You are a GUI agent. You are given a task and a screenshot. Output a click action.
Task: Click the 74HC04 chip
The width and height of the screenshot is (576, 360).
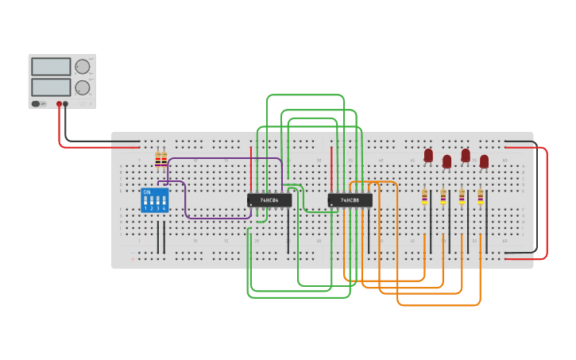click(x=269, y=200)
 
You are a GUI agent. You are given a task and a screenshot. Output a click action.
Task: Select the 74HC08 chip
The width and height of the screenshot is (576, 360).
click(x=350, y=200)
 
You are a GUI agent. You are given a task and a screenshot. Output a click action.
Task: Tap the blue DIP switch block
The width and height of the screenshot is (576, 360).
click(x=154, y=200)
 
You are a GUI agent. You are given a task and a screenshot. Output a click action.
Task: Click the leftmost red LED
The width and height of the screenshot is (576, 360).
click(x=428, y=155)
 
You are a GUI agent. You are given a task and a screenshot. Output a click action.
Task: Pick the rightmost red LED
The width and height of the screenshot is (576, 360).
click(x=484, y=161)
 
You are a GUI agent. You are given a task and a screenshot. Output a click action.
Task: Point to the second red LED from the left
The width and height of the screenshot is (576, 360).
click(x=446, y=161)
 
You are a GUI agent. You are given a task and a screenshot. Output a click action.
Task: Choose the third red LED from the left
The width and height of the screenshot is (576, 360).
click(x=466, y=155)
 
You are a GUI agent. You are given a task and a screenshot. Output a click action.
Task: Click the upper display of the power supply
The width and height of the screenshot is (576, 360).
click(x=51, y=67)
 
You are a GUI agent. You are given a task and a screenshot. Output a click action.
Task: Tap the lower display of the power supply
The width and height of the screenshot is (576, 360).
click(x=51, y=87)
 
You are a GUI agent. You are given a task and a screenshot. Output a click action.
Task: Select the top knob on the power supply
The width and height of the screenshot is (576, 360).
click(x=83, y=67)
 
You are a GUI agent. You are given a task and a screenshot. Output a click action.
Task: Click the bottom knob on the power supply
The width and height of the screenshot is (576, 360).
click(x=83, y=87)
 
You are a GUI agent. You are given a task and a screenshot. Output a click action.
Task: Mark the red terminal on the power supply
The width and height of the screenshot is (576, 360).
click(x=59, y=104)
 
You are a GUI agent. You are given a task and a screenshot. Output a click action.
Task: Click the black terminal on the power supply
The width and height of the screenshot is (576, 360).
click(x=66, y=104)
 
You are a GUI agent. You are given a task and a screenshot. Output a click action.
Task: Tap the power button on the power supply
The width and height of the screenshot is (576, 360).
click(x=36, y=104)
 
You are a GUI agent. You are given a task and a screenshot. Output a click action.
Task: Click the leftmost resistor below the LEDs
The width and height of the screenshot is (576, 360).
click(x=424, y=196)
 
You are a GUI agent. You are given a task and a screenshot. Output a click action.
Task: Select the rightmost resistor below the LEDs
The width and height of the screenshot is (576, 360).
click(x=480, y=196)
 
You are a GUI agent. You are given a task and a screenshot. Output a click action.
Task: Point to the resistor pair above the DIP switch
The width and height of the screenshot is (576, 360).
click(x=161, y=160)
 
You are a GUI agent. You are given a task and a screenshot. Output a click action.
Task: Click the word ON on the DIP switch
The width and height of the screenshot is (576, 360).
click(x=146, y=192)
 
